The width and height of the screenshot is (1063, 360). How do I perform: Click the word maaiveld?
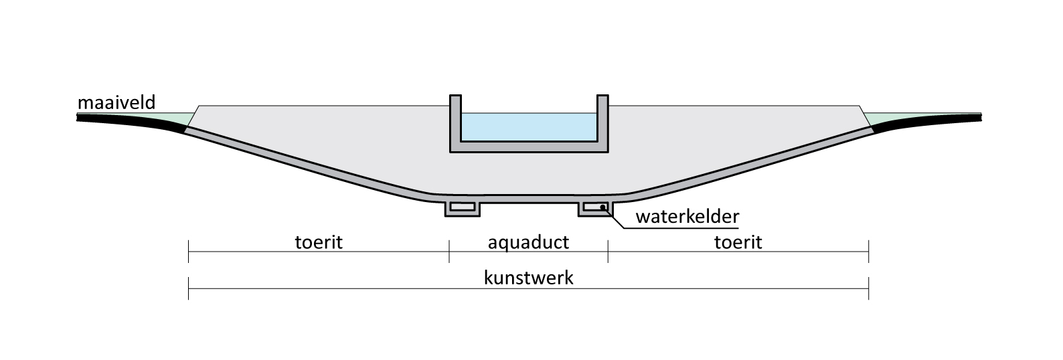pyautogui.click(x=116, y=102)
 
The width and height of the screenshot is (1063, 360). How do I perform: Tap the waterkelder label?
pyautogui.click(x=687, y=217)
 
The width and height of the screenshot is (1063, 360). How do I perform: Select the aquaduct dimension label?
pyautogui.click(x=528, y=242)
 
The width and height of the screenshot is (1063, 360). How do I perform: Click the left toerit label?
pyautogui.click(x=319, y=242)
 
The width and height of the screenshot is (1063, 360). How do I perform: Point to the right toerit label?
pyautogui.click(x=738, y=242)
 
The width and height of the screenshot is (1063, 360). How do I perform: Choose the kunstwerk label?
pyautogui.click(x=528, y=278)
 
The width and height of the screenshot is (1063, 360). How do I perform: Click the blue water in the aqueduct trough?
pyautogui.click(x=528, y=127)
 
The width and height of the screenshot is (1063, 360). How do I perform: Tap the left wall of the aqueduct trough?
pyautogui.click(x=455, y=120)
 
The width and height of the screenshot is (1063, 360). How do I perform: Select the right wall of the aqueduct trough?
pyautogui.click(x=602, y=120)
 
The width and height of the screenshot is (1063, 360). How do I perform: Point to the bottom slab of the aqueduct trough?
pyautogui.click(x=528, y=148)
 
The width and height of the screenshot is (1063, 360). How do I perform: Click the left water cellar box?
pyautogui.click(x=463, y=208)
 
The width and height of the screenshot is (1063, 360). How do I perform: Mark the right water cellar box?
pyautogui.click(x=594, y=208)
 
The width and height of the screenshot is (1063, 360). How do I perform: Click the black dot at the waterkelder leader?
pyautogui.click(x=603, y=207)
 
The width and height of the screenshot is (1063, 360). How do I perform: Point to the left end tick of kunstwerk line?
pyautogui.click(x=189, y=288)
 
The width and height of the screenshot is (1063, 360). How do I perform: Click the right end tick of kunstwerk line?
pyautogui.click(x=868, y=288)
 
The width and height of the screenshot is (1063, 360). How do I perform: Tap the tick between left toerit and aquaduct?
pyautogui.click(x=449, y=252)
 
